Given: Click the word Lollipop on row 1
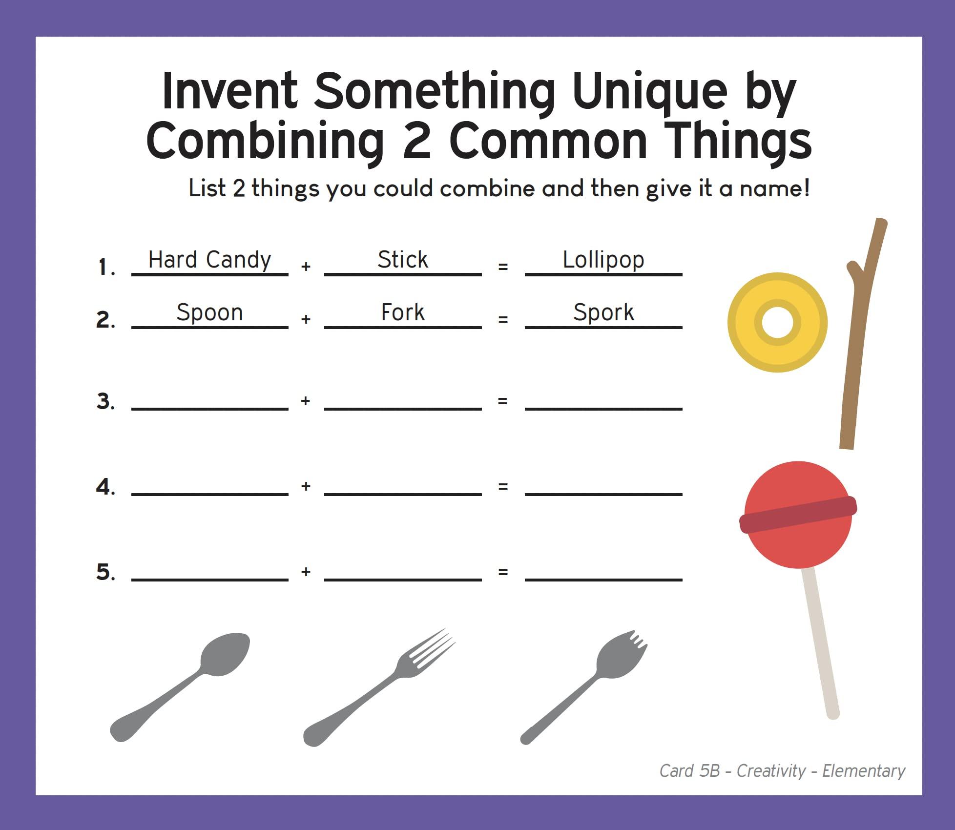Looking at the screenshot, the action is [603, 260].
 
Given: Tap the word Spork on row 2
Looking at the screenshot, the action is [603, 313].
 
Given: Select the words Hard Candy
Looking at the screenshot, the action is [209, 260].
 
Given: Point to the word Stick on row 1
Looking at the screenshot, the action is [403, 259].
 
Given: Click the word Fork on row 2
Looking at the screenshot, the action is [403, 312].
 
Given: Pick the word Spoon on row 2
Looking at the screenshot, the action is [209, 313].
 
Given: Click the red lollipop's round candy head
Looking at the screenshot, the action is [798, 515].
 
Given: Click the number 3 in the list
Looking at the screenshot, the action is [105, 401].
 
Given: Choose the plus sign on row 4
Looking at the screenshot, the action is [306, 486].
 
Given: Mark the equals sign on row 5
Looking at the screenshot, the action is [503, 572].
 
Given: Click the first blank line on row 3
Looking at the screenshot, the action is [210, 409].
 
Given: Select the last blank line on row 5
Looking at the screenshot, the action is [603, 580].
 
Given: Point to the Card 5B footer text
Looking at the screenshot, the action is [782, 771].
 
